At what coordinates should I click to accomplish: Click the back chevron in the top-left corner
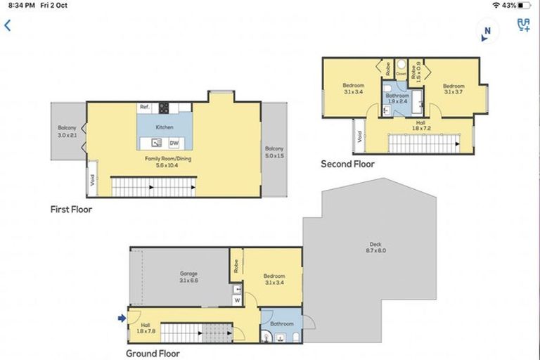coord(8,25)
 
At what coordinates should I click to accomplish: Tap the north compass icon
coord(486,30)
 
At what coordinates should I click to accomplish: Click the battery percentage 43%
coord(509,5)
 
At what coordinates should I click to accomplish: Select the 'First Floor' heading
coord(71,209)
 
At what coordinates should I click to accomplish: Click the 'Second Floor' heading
coord(347,164)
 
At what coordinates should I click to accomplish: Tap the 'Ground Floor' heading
coord(153,354)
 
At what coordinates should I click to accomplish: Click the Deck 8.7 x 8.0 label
coord(375,247)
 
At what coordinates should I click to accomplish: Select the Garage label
coord(188,276)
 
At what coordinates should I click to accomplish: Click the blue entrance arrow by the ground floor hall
coord(122,318)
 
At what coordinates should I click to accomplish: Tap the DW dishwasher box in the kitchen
coord(173,143)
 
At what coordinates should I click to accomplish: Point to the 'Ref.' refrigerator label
coord(144,107)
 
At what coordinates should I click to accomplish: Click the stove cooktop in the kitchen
coord(164,108)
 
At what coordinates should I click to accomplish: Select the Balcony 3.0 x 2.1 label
coord(67,131)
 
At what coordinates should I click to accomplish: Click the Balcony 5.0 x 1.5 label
coord(274,152)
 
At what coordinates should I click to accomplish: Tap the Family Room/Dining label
coord(168,162)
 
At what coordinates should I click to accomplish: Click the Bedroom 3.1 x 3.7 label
coord(454,88)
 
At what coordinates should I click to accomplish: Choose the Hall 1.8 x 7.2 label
coord(420,125)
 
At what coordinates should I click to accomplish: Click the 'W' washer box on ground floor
coord(236,300)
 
